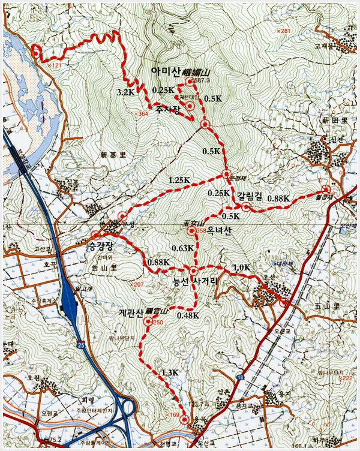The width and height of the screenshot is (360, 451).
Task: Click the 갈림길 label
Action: click(x=250, y=196)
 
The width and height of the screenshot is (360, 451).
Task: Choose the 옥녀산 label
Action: click(x=220, y=230)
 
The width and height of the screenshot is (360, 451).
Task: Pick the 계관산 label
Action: click(x=130, y=312)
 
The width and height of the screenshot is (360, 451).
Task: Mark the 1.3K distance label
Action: click(x=170, y=372)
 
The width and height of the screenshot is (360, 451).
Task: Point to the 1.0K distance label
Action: click(x=241, y=267)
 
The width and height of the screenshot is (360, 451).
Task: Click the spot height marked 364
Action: click(x=142, y=113)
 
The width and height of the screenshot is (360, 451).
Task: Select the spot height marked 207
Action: click(x=138, y=284)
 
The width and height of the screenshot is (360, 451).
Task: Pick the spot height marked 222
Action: click(x=346, y=378)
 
